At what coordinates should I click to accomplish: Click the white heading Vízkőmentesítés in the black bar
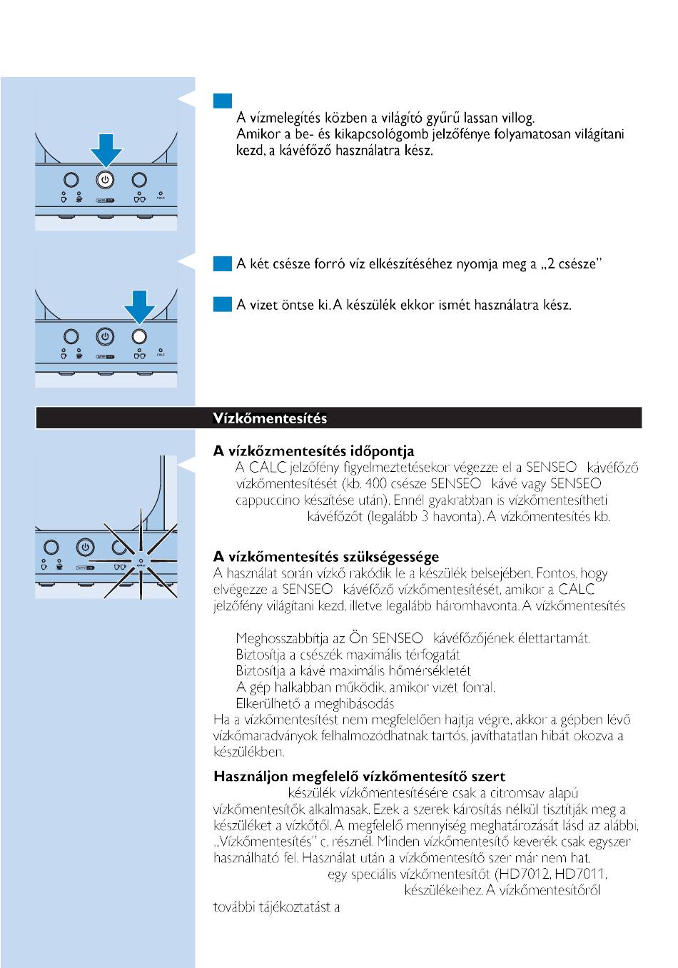pos(270,418)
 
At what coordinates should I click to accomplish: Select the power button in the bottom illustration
pos(84,548)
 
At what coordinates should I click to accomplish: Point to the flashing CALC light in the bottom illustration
pos(140,562)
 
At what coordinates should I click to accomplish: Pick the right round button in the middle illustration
pos(139,336)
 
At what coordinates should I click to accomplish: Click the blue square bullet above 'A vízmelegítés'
pos(221,101)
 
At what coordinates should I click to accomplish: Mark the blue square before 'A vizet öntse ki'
pos(221,305)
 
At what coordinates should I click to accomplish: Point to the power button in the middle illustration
pos(105,336)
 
